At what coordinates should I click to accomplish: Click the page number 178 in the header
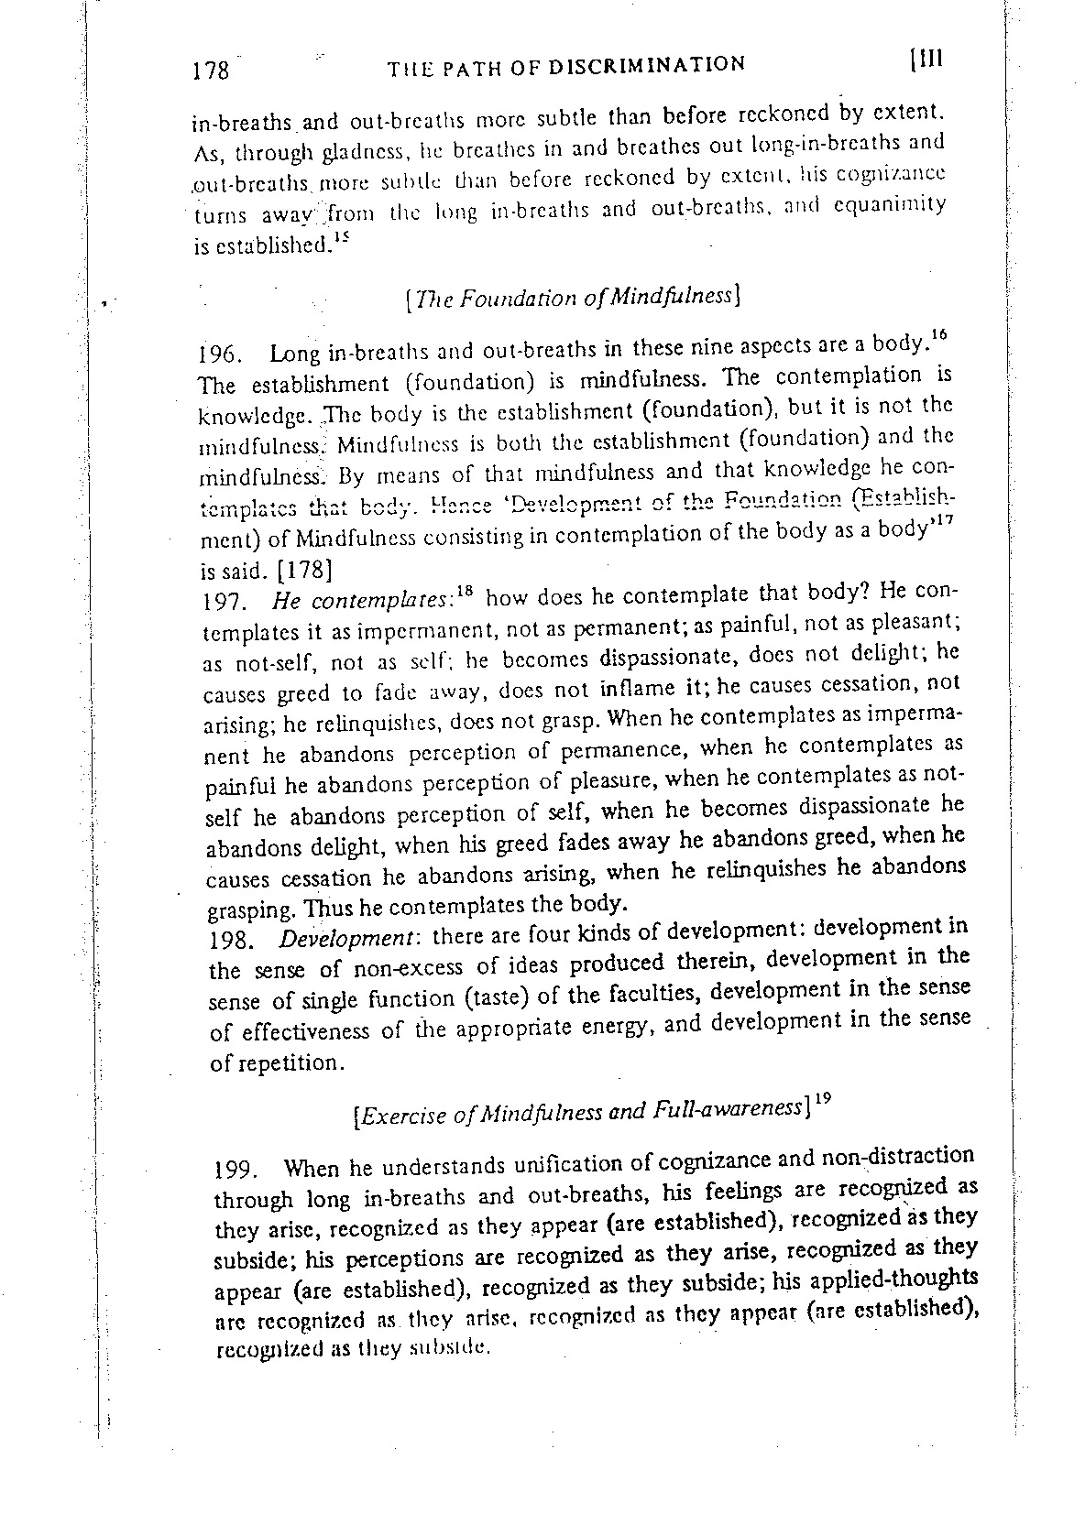pyautogui.click(x=211, y=71)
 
